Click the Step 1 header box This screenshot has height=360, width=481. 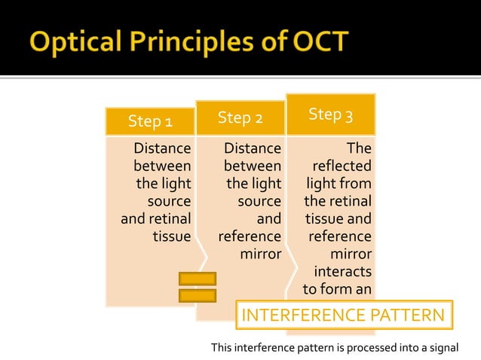[150, 121]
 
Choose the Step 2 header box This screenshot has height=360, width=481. [240, 117]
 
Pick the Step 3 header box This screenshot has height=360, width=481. [330, 114]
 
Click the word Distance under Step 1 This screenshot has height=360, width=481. [161, 148]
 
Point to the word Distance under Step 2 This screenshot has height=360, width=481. [252, 148]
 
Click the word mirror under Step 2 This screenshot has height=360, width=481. [260, 254]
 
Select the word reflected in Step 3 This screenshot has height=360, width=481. [343, 166]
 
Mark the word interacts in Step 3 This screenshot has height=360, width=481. [342, 271]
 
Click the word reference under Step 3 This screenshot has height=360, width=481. [339, 236]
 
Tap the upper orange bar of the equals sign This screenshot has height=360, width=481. [198, 279]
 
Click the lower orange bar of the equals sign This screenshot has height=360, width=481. [198, 295]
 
